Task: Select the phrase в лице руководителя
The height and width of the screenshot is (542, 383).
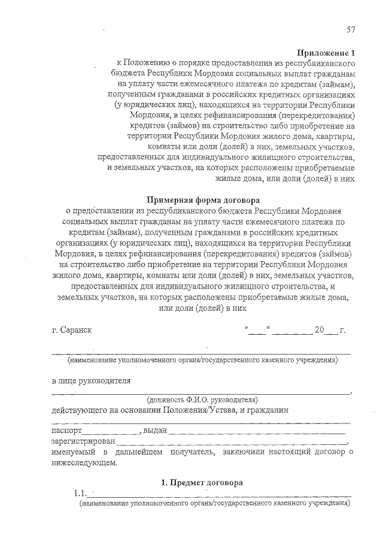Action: click(91, 380)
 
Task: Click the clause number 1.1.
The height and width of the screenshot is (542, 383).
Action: click(80, 494)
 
